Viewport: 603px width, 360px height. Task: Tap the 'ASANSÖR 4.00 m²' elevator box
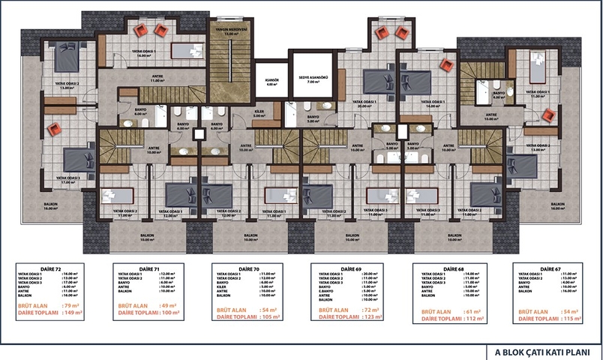click(271, 81)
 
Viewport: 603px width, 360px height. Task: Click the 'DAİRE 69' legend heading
click(331, 268)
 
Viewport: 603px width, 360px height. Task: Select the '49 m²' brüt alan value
click(171, 307)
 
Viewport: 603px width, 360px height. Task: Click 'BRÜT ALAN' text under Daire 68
click(437, 308)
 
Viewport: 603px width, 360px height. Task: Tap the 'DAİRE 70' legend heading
click(229, 268)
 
